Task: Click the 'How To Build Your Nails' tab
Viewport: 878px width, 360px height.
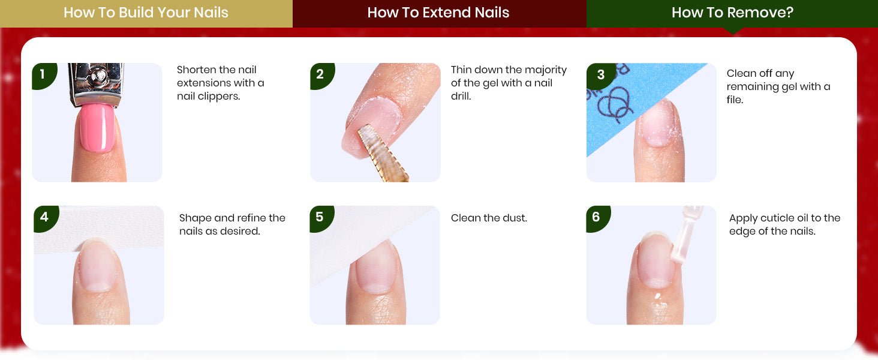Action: coord(146,13)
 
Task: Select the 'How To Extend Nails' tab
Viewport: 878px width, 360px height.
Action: coord(440,13)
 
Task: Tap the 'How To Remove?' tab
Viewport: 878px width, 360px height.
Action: coord(732,13)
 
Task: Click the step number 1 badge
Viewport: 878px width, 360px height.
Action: coord(44,75)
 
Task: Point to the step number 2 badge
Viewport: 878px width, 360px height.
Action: coord(322,75)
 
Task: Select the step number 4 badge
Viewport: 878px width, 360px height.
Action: coord(46,218)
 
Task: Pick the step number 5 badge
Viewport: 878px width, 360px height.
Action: coord(321,218)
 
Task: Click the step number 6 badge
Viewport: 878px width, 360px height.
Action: coord(598,218)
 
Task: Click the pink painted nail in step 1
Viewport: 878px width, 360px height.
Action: coord(97,128)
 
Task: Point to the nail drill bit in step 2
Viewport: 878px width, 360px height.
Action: coord(382,153)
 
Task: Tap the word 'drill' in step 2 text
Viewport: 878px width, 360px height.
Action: coord(461,97)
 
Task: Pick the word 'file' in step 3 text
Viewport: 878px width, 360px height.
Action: coord(735,100)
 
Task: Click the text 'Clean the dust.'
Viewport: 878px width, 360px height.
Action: coord(489,218)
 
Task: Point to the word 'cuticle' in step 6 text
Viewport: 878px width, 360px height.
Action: coord(781,218)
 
